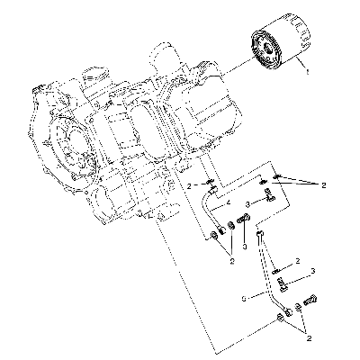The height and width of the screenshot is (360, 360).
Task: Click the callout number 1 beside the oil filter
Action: coord(307,72)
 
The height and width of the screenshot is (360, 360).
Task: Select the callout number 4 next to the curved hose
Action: coord(229,203)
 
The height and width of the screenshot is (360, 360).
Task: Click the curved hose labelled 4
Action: coord(210,210)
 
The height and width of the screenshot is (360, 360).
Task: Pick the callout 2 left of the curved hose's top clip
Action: coord(189,186)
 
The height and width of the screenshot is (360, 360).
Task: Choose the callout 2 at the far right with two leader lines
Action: coord(323,185)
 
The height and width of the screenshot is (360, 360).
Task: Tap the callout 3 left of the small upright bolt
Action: coord(247,204)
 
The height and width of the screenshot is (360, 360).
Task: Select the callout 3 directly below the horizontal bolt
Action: coord(245,247)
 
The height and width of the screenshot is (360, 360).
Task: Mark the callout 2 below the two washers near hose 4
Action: coord(231,260)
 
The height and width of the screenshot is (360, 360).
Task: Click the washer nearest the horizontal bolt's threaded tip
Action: coord(232,226)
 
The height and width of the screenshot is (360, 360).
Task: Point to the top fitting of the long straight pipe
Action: coord(260,234)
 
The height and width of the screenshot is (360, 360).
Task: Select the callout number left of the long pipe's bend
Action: coord(244,299)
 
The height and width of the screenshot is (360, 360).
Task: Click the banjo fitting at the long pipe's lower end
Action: coord(289,312)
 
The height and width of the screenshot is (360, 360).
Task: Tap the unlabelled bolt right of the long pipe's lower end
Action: coord(310,300)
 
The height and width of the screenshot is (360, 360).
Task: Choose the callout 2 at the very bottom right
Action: coord(309,338)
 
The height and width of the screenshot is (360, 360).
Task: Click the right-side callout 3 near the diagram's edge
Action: coord(313,271)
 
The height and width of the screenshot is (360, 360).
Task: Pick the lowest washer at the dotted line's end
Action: coord(280,318)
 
